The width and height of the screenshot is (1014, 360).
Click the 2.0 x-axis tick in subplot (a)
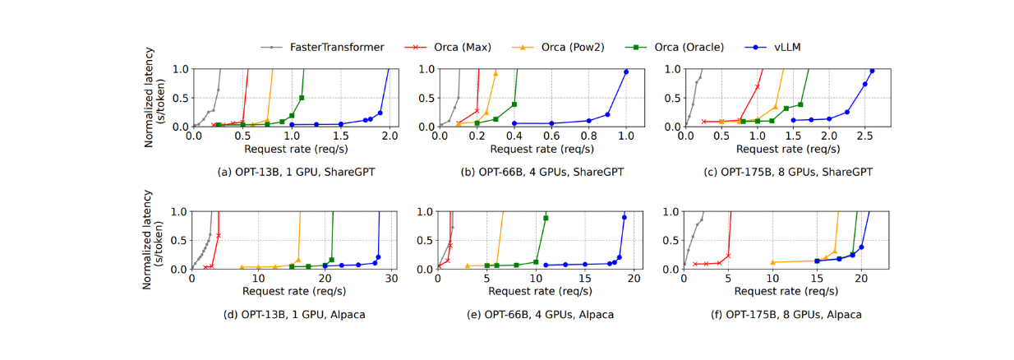(x=389, y=136)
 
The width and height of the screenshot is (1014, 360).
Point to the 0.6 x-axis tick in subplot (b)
(x=551, y=136)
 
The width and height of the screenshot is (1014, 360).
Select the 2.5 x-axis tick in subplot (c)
(x=864, y=136)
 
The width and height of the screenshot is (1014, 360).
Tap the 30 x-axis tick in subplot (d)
(x=392, y=279)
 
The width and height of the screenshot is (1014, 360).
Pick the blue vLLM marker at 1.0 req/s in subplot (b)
(x=626, y=72)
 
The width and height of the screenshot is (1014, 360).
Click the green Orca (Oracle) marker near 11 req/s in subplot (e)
(x=546, y=218)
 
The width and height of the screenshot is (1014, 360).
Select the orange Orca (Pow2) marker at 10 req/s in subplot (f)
(x=772, y=262)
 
